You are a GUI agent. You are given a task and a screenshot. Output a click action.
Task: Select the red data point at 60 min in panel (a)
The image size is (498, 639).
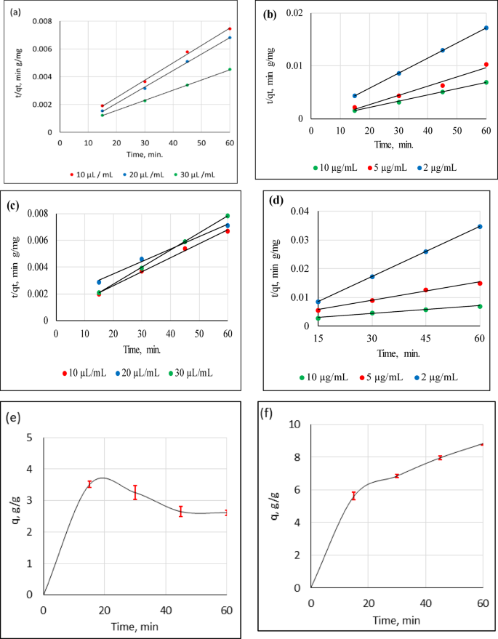230,29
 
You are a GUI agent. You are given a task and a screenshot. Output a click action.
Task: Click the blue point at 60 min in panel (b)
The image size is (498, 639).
486,28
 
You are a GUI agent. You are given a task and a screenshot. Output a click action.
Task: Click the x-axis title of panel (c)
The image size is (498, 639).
141,350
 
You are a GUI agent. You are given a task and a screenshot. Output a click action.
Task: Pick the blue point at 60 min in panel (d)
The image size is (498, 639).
481,226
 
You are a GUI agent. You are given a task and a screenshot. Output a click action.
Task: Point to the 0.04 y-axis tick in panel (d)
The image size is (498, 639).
300,212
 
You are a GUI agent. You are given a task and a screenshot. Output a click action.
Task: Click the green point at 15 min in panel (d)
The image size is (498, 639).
318,318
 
